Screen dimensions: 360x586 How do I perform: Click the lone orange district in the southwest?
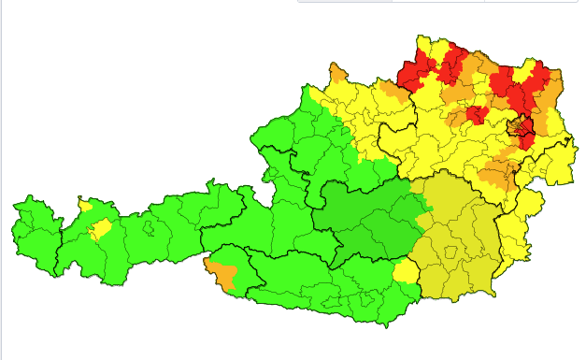(222, 273)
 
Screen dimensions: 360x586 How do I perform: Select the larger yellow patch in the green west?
(98, 229)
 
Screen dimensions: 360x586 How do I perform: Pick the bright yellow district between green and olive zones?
(406, 271)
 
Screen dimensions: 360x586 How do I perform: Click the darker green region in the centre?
(364, 220)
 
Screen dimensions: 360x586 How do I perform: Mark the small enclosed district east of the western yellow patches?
(147, 225)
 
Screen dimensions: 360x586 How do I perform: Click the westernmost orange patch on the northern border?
(337, 73)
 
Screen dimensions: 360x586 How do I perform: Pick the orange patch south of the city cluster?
(498, 172)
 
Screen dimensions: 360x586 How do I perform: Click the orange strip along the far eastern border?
(554, 89)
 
